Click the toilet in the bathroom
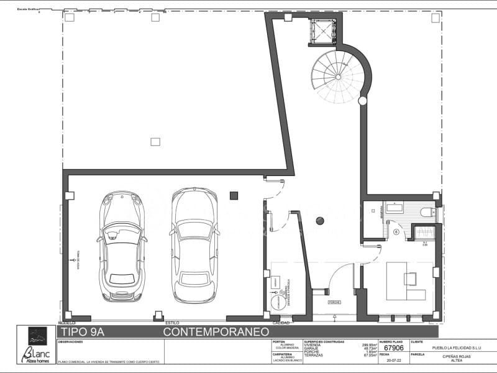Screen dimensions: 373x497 pos(428,213)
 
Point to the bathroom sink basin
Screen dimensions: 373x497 pos(395,208)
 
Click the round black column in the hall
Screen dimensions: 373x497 pos(320,220)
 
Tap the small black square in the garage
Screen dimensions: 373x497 pos(234,195)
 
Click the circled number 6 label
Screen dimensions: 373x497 pos(396,232)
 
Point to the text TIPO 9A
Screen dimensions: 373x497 pos(84,333)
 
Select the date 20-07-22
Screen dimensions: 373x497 pos(394,359)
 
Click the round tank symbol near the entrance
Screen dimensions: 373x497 pos(276,303)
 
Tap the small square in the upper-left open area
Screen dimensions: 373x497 pos(155,142)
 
